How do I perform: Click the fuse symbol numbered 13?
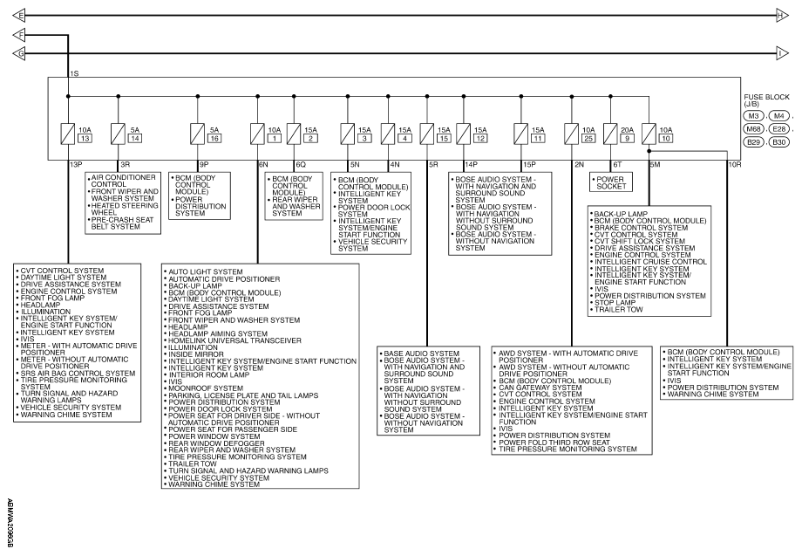(x=67, y=134)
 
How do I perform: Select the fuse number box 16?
(x=214, y=138)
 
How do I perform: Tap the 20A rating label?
(x=627, y=130)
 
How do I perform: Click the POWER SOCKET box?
(x=611, y=182)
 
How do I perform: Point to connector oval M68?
(x=753, y=129)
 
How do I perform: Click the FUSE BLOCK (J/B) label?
(x=766, y=100)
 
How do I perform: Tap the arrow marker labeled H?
(x=782, y=16)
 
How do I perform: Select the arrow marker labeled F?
(x=19, y=35)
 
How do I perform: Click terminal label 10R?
(x=735, y=164)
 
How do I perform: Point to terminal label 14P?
(x=471, y=164)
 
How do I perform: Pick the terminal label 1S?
(x=74, y=73)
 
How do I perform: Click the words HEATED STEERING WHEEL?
(x=125, y=209)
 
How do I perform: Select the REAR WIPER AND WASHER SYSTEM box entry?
(x=296, y=206)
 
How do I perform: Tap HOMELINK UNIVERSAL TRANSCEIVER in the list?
(x=234, y=340)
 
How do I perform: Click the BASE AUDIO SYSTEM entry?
(x=421, y=354)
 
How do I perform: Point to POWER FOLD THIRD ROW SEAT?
(x=554, y=443)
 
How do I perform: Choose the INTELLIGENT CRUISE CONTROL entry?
(x=650, y=262)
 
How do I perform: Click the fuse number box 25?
(x=588, y=138)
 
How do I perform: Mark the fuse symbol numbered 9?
(x=610, y=134)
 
